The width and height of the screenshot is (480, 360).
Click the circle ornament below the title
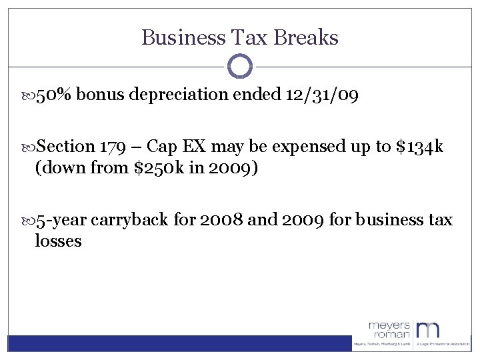coord(240,67)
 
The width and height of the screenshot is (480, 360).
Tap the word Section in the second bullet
coord(66,146)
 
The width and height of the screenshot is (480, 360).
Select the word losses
coord(58,240)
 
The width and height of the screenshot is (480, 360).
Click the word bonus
coord(99,95)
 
